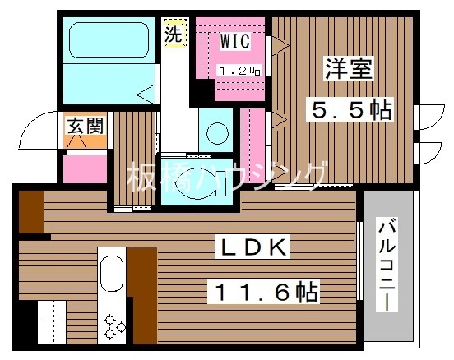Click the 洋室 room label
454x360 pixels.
(342, 69)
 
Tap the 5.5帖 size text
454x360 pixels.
(350, 108)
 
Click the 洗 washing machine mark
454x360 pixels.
(173, 35)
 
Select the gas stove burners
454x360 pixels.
(113, 327)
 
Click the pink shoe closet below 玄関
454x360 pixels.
(85, 168)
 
